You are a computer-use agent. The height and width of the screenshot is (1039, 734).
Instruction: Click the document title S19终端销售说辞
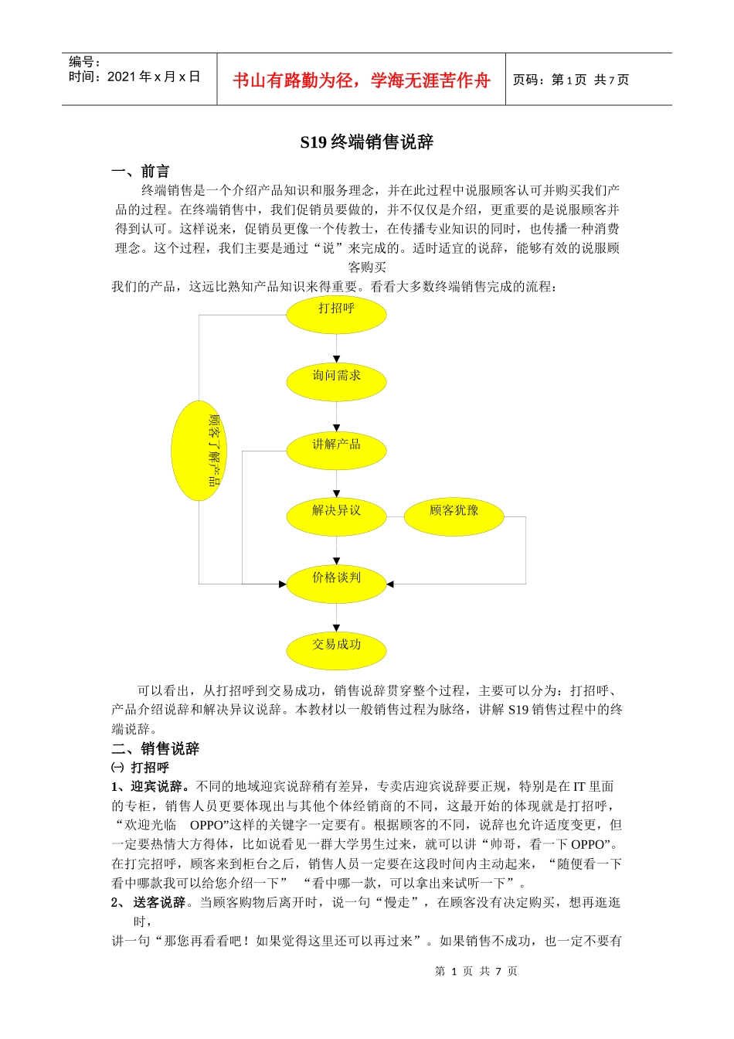click(366, 142)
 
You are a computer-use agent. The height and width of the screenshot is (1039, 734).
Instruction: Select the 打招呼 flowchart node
click(336, 312)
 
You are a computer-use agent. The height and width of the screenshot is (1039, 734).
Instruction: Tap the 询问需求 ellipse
click(336, 380)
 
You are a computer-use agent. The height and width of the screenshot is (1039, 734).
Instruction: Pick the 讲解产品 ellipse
click(336, 448)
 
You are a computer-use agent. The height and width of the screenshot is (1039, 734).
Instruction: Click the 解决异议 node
click(336, 515)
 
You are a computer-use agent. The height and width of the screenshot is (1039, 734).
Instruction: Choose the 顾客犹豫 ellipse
click(454, 515)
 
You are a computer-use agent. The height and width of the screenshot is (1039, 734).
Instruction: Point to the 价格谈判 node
click(336, 581)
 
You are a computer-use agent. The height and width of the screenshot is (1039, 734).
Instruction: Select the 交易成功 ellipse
click(336, 649)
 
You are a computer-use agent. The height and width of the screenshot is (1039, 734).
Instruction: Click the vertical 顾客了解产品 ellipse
click(199, 451)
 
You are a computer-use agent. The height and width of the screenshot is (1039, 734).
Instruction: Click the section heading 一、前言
click(141, 172)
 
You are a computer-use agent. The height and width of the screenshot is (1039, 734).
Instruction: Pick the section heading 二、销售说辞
click(155, 748)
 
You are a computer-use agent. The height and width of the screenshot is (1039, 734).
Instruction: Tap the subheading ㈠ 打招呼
click(140, 768)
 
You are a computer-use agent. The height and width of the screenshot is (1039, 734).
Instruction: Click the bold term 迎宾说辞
click(160, 787)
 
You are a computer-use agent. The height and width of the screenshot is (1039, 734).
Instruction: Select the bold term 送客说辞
click(160, 902)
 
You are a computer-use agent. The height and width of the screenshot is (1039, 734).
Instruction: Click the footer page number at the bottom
click(476, 971)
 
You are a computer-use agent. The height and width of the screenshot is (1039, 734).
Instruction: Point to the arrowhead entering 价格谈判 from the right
click(390, 584)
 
